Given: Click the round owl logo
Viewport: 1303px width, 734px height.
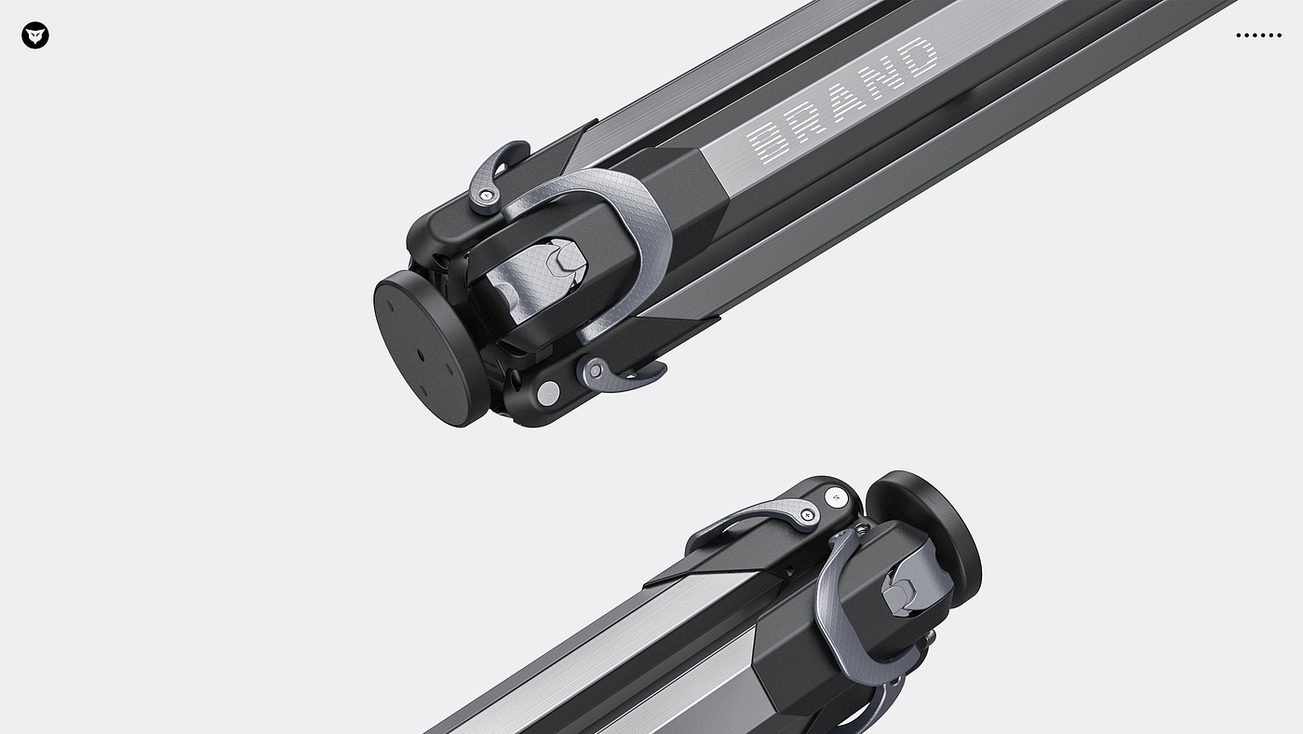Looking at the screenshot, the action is pos(35,35).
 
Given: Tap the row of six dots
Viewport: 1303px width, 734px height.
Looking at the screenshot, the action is pos(1258,34).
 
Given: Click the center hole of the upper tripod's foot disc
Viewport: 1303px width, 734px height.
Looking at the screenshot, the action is pos(421,355).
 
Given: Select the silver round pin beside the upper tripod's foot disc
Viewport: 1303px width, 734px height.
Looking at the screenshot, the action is pos(548,394).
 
